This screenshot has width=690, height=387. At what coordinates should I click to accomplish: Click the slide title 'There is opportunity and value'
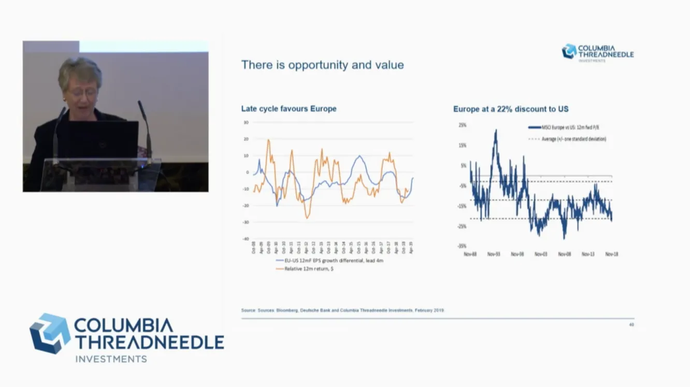(322, 65)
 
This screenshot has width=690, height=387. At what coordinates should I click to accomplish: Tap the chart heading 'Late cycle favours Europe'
(289, 109)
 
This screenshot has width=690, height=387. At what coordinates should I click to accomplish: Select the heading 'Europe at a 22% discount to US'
(511, 109)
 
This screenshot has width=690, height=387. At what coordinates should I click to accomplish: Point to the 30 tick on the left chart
(246, 122)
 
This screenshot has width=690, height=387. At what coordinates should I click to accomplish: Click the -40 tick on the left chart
(246, 239)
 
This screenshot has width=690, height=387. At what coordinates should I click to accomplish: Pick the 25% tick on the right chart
(462, 125)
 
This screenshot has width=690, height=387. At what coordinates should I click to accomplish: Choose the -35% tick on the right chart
(462, 246)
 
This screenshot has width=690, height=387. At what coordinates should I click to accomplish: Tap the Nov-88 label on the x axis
(470, 254)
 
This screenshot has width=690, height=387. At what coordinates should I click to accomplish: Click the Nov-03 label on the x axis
(541, 254)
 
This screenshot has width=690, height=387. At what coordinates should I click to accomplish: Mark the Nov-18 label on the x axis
(611, 254)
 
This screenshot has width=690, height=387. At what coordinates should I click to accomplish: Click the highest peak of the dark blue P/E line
(495, 130)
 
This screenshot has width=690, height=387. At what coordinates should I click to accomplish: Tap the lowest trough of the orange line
(307, 218)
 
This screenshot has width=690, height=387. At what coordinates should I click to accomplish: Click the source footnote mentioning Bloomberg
(342, 310)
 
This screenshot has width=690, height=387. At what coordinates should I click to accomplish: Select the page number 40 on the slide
(631, 325)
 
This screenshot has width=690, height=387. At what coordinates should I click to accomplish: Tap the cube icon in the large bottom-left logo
(50, 334)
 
